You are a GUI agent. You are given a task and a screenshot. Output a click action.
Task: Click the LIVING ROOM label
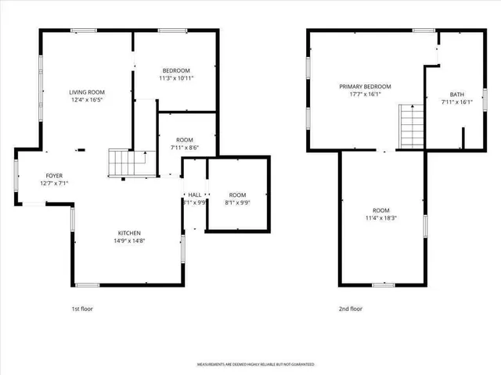tap(87, 91)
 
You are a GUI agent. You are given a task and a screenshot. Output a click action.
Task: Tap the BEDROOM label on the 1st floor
tap(175, 70)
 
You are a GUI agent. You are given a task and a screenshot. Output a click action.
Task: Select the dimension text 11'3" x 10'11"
tap(175, 78)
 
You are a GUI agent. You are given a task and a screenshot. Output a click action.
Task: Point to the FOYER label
tap(54, 176)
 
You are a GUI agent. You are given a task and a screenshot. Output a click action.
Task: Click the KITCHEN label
tap(129, 233)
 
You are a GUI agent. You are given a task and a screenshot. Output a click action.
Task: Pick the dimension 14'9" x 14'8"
tap(129, 241)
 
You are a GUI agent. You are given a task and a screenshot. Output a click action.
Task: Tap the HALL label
tap(195, 195)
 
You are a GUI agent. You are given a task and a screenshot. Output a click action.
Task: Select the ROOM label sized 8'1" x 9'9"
tap(237, 195)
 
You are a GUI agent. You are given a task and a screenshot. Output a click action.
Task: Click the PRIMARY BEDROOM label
tap(365, 86)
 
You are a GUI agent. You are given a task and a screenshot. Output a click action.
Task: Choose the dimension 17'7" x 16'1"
tap(365, 95)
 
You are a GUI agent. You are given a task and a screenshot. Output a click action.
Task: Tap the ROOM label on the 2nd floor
tap(380, 210)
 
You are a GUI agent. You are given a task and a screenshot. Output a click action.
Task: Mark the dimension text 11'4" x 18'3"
tap(380, 219)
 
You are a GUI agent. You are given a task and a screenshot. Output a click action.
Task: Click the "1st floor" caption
tap(82, 309)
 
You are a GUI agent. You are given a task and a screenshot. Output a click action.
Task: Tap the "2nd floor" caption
tap(350, 309)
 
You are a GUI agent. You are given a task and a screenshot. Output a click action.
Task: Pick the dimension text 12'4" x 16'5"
tap(87, 100)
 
